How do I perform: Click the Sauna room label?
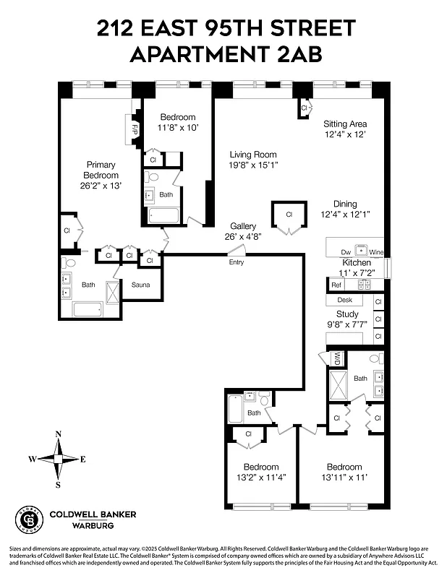140,285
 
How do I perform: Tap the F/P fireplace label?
135,129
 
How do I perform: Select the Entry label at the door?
237,262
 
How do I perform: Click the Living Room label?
253,154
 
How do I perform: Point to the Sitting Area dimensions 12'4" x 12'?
344,134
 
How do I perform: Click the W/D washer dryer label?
337,356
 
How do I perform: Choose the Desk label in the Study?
345,300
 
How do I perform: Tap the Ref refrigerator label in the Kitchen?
336,285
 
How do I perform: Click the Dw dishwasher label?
346,252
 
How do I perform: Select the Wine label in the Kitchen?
376,252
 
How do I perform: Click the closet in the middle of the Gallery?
288,215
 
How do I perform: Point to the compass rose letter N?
58,433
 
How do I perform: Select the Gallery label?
243,225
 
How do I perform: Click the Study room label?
347,314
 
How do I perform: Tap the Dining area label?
345,204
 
